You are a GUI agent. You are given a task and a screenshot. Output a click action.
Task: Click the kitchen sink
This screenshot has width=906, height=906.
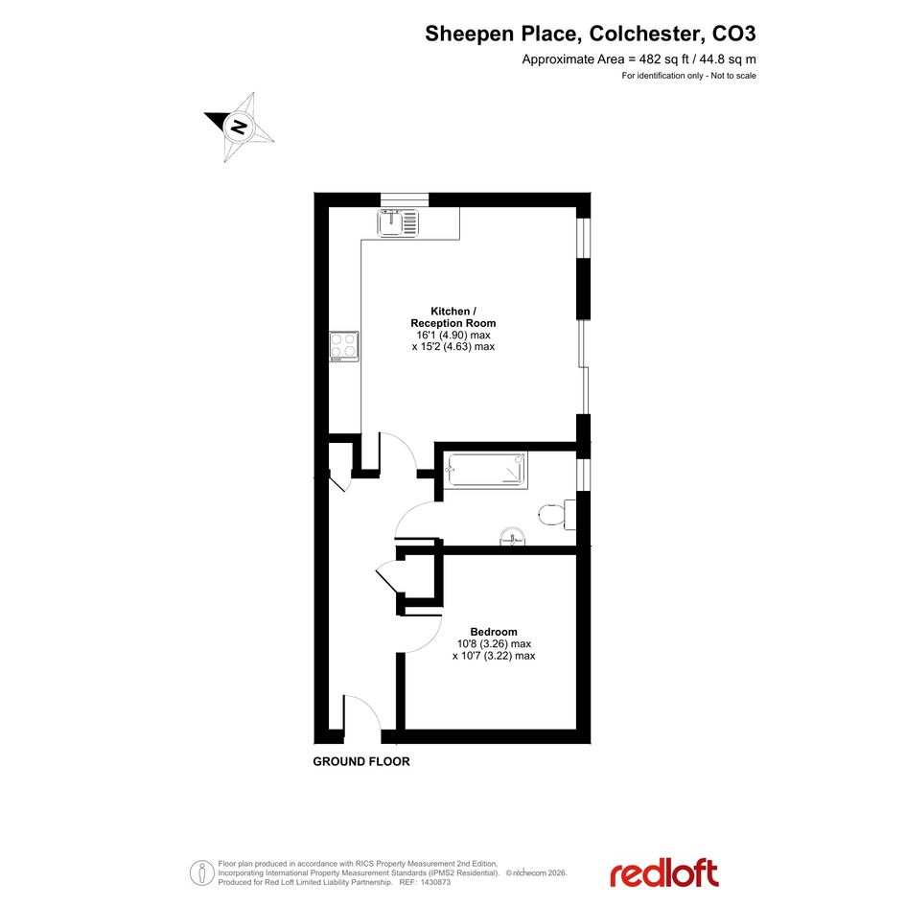pyautogui.click(x=398, y=222)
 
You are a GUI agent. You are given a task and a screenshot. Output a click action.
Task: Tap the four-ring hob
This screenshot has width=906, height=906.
pyautogui.click(x=344, y=347)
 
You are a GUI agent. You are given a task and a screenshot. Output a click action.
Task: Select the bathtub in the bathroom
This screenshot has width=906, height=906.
pyautogui.click(x=487, y=469)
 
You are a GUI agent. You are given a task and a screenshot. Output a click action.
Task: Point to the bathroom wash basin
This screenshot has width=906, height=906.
pyautogui.click(x=513, y=536)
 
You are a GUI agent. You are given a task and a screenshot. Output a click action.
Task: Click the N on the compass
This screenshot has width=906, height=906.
pyautogui.click(x=238, y=126)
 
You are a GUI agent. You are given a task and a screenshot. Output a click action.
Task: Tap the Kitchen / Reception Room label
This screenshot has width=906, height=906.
pyautogui.click(x=453, y=317)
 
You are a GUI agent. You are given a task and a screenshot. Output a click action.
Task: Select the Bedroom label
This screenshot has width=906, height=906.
pyautogui.click(x=494, y=632)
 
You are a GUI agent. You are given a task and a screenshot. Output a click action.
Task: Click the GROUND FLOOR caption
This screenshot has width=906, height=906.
pyautogui.click(x=361, y=761)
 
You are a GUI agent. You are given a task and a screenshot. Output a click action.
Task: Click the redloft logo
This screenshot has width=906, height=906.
pyautogui.click(x=664, y=873)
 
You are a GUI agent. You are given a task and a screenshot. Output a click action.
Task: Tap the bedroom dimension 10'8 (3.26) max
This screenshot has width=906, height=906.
pyautogui.click(x=494, y=643)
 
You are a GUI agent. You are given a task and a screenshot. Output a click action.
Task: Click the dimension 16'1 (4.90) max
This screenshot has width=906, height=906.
pyautogui.click(x=453, y=336)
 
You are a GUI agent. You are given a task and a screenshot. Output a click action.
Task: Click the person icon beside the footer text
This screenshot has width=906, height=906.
pyautogui.click(x=201, y=873)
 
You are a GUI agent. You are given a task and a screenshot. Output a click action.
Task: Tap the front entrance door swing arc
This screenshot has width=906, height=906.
pyautogui.click(x=368, y=705)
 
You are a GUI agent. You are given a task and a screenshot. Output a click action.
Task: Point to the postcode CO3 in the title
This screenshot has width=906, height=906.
pyautogui.click(x=733, y=34)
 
